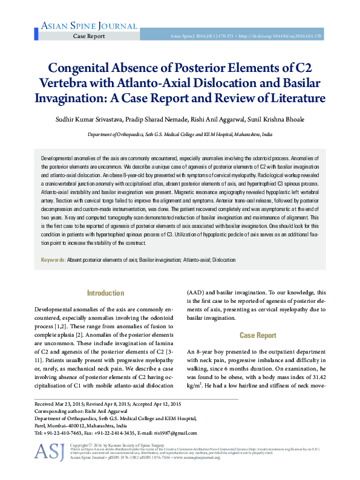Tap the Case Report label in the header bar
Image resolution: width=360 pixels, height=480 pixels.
pyautogui.click(x=89, y=37)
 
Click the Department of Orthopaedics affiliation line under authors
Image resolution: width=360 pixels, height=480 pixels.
pyautogui.click(x=180, y=135)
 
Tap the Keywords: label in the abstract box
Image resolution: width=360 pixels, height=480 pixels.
pyautogui.click(x=53, y=260)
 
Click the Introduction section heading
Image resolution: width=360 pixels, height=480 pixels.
pyautogui.click(x=105, y=293)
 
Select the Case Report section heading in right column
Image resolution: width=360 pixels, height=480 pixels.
pyautogui.click(x=258, y=336)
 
